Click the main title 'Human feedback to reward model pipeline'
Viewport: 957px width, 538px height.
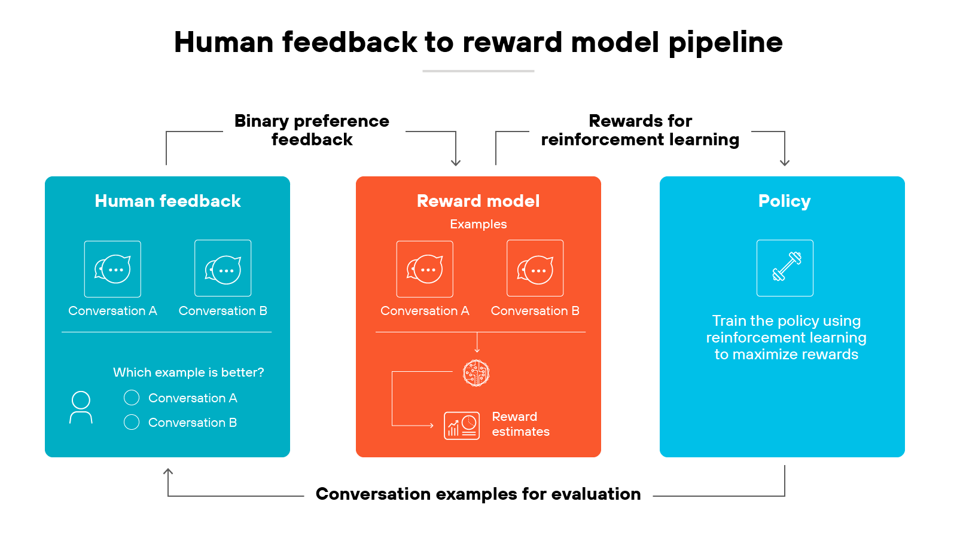pos(478,42)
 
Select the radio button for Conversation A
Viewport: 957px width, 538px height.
pos(132,398)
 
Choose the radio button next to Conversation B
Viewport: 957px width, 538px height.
pos(132,422)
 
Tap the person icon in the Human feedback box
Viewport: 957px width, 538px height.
pos(81,408)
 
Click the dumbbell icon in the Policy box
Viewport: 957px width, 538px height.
pos(785,268)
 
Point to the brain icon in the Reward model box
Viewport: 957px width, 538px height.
pos(476,373)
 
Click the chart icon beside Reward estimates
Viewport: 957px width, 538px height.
pos(461,426)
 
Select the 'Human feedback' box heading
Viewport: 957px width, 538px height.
pos(167,201)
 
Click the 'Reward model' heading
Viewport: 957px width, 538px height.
pos(478,201)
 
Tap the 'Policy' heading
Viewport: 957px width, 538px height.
pos(784,201)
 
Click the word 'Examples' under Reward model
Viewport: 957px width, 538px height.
pos(478,224)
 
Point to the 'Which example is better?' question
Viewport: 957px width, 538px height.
pos(188,372)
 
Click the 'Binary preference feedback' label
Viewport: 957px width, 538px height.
pos(312,130)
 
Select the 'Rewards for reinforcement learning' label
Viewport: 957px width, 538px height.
pos(640,130)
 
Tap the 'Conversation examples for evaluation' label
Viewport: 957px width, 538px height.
pos(478,494)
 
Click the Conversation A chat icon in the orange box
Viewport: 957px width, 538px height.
pos(425,269)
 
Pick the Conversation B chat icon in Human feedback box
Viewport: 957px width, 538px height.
pos(223,268)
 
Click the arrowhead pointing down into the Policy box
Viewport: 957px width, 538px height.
pos(785,163)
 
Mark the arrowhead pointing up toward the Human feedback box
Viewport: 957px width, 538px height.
pos(168,472)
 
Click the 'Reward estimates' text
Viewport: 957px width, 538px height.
pos(520,424)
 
